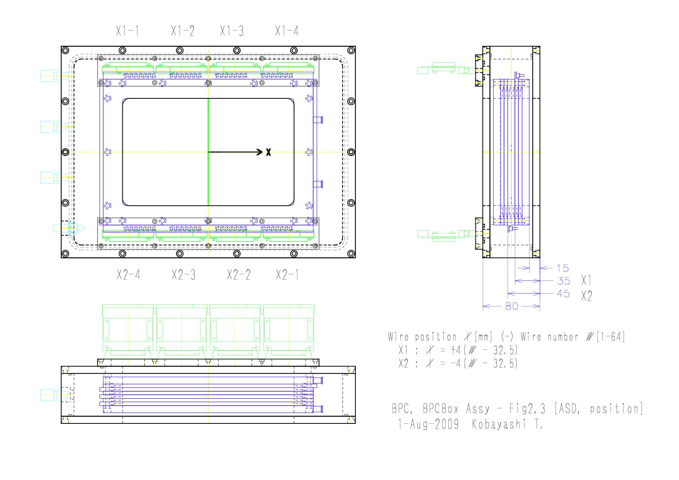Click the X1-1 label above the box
coord(127,31)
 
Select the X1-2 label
coord(183,31)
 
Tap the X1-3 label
coord(232,31)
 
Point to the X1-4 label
coord(287,31)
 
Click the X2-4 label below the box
coord(129,275)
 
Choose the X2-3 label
coord(183,275)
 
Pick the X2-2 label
coord(238,275)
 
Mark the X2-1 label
coord(287,275)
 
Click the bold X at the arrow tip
coord(268,152)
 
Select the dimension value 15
coord(563,268)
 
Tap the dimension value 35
coord(564,280)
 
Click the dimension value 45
coord(564,294)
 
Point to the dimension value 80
coord(512,306)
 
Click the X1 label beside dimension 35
coord(586,280)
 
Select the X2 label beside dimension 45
coord(586,296)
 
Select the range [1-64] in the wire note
coord(611,337)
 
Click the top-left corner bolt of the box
coord(65,50)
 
